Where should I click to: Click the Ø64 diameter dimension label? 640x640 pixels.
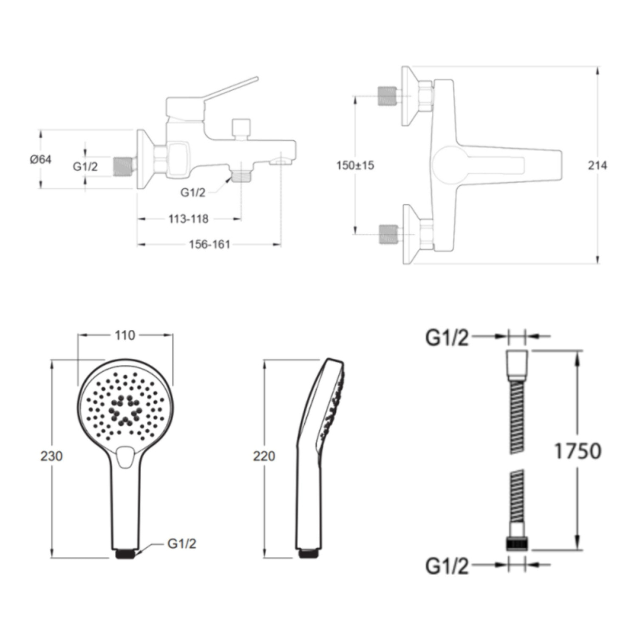[x=41, y=159]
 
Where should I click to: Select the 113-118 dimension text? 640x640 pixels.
[x=188, y=219]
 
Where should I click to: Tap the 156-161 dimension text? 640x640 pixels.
[x=210, y=244]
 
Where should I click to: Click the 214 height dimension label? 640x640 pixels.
[x=598, y=165]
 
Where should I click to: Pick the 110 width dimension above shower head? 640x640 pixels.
[x=125, y=335]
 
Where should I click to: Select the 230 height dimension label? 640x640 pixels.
[x=51, y=456]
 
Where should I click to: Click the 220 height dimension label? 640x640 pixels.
[x=264, y=456]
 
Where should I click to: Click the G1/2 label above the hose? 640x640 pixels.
[x=447, y=338]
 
